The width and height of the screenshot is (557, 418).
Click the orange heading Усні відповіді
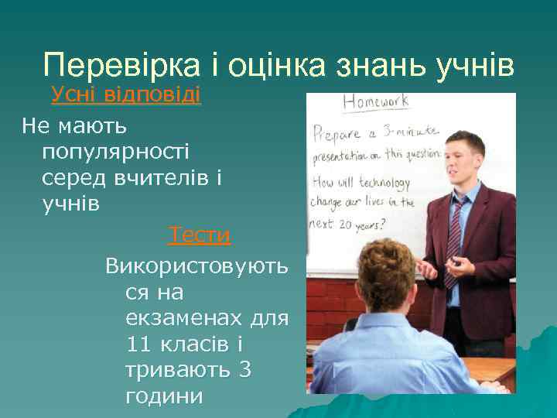[126, 96]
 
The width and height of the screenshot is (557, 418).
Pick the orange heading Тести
[200, 235]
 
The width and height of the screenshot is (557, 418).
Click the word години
[163, 397]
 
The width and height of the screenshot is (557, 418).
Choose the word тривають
[177, 371]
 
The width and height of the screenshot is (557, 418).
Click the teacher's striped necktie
[454, 240]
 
